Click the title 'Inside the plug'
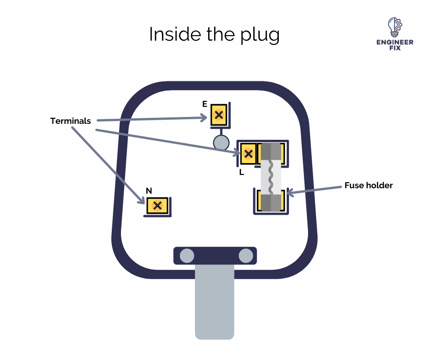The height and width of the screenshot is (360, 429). (214, 35)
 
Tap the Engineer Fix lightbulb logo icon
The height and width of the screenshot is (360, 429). (393, 27)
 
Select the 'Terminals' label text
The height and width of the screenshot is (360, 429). (70, 121)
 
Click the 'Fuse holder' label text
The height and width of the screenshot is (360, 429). (368, 185)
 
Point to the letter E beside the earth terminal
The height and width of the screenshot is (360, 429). (204, 104)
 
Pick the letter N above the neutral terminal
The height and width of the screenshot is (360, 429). (149, 190)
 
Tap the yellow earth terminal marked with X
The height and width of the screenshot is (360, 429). (219, 115)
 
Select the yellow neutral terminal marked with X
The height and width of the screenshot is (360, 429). (157, 206)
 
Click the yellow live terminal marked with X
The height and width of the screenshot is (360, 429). (248, 154)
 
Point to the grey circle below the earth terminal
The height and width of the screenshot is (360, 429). (221, 143)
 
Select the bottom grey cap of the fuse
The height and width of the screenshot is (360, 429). (270, 202)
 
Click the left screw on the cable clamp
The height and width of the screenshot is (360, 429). (187, 256)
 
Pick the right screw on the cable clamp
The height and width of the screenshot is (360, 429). (246, 256)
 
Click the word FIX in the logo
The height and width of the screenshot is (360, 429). (394, 48)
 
